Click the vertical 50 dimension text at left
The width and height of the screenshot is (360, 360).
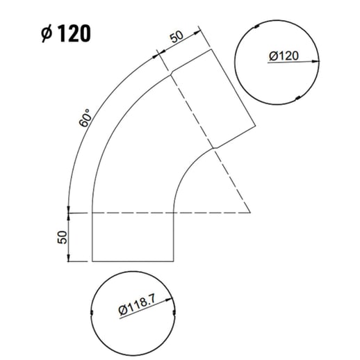click(x=61, y=236)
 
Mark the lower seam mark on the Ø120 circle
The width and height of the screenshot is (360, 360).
click(x=297, y=97)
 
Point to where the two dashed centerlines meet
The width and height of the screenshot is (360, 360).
click(x=251, y=211)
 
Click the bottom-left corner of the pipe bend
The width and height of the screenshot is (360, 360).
click(x=92, y=262)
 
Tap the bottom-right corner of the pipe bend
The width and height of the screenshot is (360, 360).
click(x=173, y=262)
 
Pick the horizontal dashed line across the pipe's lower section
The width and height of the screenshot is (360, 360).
click(x=132, y=211)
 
